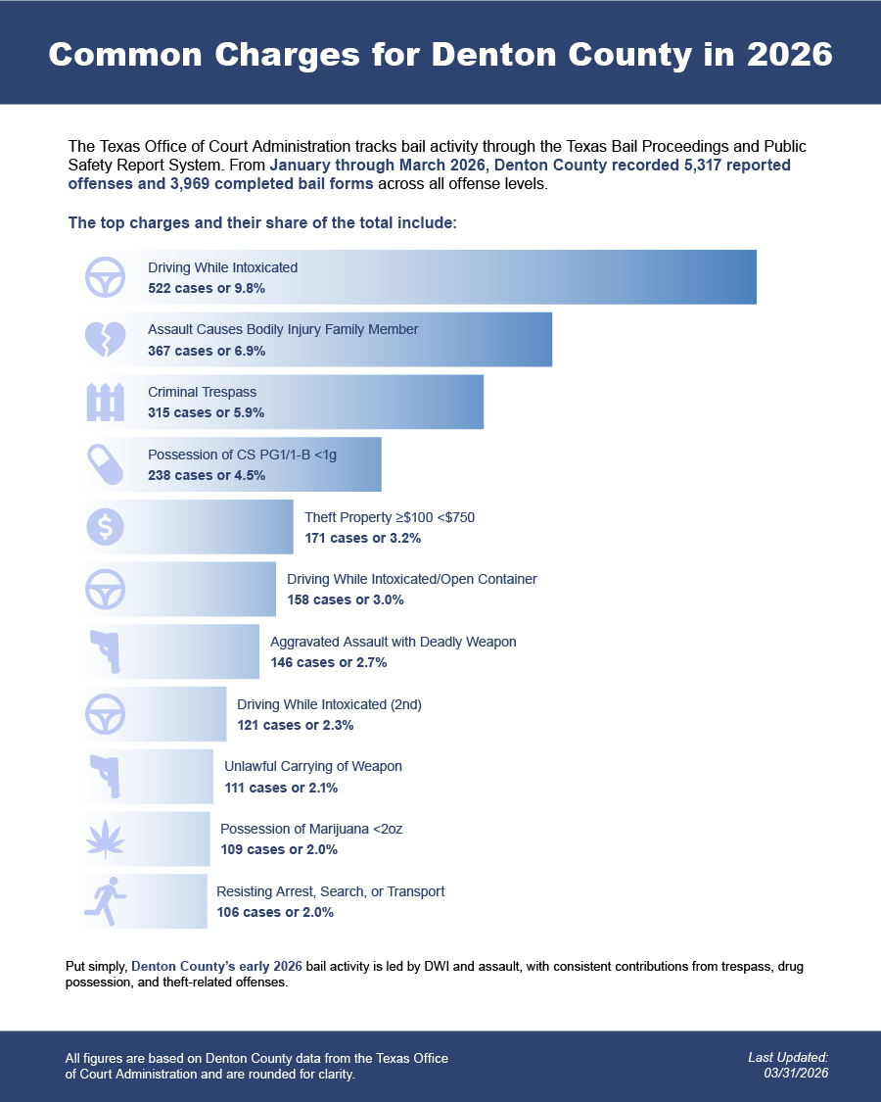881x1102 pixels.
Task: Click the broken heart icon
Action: click(x=106, y=340)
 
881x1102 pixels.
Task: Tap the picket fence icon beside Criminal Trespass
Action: click(x=106, y=402)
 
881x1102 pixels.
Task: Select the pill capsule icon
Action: click(x=106, y=464)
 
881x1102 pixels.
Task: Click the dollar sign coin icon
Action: click(x=106, y=527)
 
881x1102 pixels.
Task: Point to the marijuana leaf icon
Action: click(x=106, y=839)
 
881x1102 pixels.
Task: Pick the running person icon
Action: click(x=106, y=902)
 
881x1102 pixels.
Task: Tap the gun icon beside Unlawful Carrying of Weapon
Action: click(x=106, y=777)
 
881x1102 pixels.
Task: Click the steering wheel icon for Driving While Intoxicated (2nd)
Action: click(x=106, y=714)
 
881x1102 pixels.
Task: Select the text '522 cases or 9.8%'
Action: click(x=207, y=288)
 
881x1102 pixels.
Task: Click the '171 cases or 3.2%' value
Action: click(x=362, y=538)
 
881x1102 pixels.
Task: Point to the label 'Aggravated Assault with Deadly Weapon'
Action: click(x=394, y=642)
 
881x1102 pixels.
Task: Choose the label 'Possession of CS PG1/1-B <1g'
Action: click(x=243, y=455)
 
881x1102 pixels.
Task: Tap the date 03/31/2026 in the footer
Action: click(x=796, y=1074)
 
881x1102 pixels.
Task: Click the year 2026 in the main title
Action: click(x=790, y=55)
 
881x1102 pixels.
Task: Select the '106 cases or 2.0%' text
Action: click(x=275, y=912)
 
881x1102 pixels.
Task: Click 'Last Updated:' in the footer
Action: click(x=788, y=1057)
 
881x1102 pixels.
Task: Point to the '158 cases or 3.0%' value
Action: click(x=346, y=599)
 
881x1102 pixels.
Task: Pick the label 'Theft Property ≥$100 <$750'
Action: click(x=390, y=517)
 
